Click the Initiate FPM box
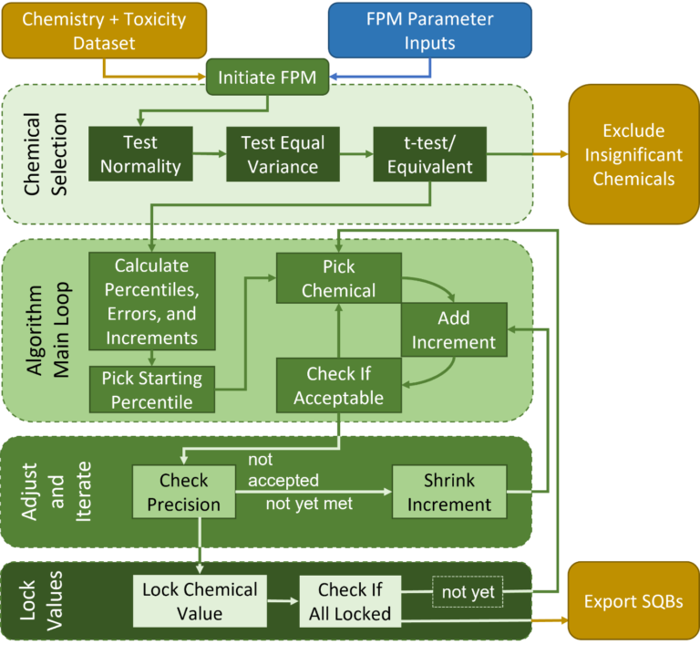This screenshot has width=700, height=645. point(267,77)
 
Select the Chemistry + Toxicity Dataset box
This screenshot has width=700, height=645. point(104,30)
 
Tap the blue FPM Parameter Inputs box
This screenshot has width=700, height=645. point(430,30)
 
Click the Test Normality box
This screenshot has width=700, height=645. point(140,154)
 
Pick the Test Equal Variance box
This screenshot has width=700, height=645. point(283,154)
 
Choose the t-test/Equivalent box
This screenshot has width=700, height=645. point(430,154)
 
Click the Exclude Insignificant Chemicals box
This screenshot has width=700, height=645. point(633,154)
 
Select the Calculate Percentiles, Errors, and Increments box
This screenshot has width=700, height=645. point(152,301)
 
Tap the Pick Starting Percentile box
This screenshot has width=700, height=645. point(152,390)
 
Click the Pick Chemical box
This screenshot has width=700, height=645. point(339,278)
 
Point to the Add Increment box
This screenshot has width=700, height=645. point(454,330)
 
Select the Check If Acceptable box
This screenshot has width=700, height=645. point(339,385)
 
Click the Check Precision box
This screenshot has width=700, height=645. point(184,492)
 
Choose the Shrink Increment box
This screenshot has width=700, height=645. point(449,492)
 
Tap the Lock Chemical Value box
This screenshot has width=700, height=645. point(200,601)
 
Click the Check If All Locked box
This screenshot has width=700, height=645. point(350,601)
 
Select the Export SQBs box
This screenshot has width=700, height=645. point(633,600)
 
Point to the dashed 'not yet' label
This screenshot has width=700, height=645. point(468,592)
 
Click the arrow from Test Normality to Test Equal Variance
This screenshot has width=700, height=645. point(210,154)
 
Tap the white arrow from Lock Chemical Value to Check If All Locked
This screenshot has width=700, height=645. point(283,600)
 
